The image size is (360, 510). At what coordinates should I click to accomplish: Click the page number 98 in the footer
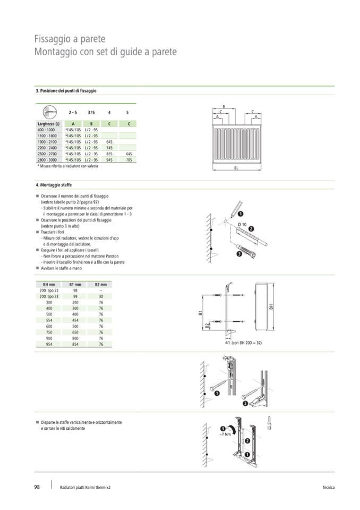coord(37,487)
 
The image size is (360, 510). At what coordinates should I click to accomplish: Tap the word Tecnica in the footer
coord(329,487)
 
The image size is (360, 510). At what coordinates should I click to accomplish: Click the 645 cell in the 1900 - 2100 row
coord(109,142)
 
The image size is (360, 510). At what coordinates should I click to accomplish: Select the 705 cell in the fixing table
coord(129,160)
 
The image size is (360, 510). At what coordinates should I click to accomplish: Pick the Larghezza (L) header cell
coord(49,124)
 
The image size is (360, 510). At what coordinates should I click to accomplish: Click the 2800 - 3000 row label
coord(47,160)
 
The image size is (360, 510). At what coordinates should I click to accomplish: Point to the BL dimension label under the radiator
coord(236,168)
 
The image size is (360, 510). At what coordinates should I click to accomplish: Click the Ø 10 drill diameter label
coord(242,224)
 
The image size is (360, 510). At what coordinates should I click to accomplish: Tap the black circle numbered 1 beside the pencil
coord(241,214)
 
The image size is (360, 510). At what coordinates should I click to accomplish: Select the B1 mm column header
coord(75,285)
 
